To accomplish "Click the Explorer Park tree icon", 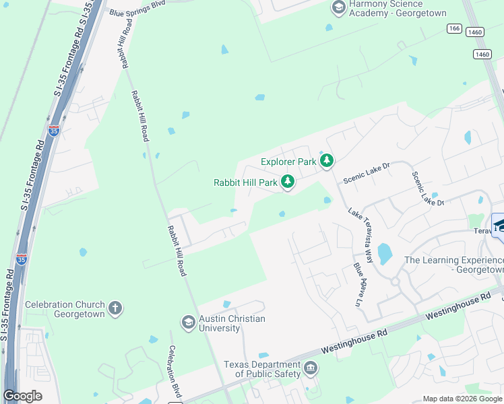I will coord(327,161).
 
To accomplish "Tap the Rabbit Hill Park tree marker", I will coord(288,182).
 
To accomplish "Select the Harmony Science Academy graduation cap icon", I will coord(339,8).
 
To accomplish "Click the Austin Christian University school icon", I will coord(188,323).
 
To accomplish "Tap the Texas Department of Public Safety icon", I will coord(310,368).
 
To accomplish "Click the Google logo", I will coord(22,396).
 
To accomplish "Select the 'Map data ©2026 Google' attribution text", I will coord(462,399).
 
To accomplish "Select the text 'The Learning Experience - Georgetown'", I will coord(453,265).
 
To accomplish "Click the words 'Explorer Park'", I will coord(288,162).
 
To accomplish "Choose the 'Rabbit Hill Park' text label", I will coord(245,182).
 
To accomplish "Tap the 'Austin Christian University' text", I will coord(232,323).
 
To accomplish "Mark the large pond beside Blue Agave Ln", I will coord(385,253).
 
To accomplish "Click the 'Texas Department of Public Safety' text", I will coord(263,368).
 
